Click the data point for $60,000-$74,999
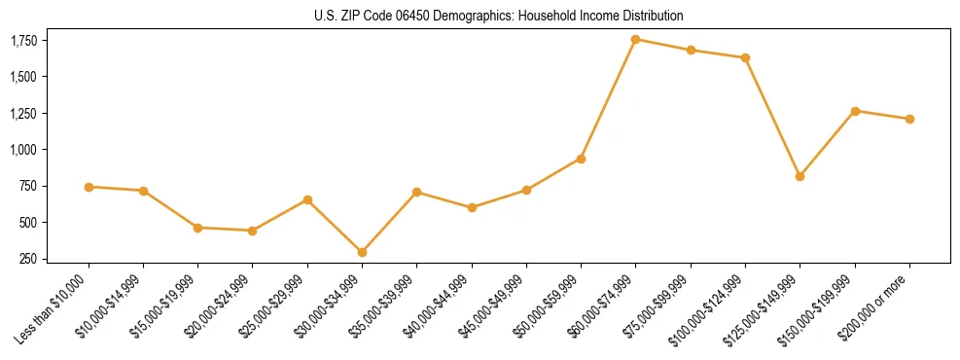[635, 39]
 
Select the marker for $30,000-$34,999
[362, 252]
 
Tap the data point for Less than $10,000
[89, 187]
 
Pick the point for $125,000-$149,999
[800, 176]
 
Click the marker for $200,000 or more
[909, 119]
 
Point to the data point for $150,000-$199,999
[855, 111]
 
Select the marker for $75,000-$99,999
[691, 50]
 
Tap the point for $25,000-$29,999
[307, 199]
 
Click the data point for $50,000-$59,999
[581, 159]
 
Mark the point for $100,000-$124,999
[745, 57]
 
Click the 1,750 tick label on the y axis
[23, 41]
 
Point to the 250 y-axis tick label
[29, 259]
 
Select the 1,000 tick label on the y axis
[23, 150]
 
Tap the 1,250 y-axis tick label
[23, 114]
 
